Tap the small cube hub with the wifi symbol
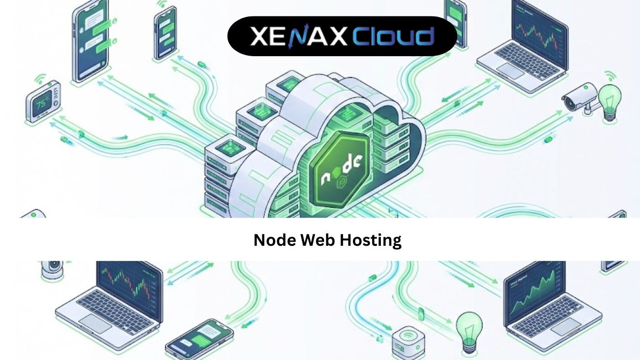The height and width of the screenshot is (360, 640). click(406, 341)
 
